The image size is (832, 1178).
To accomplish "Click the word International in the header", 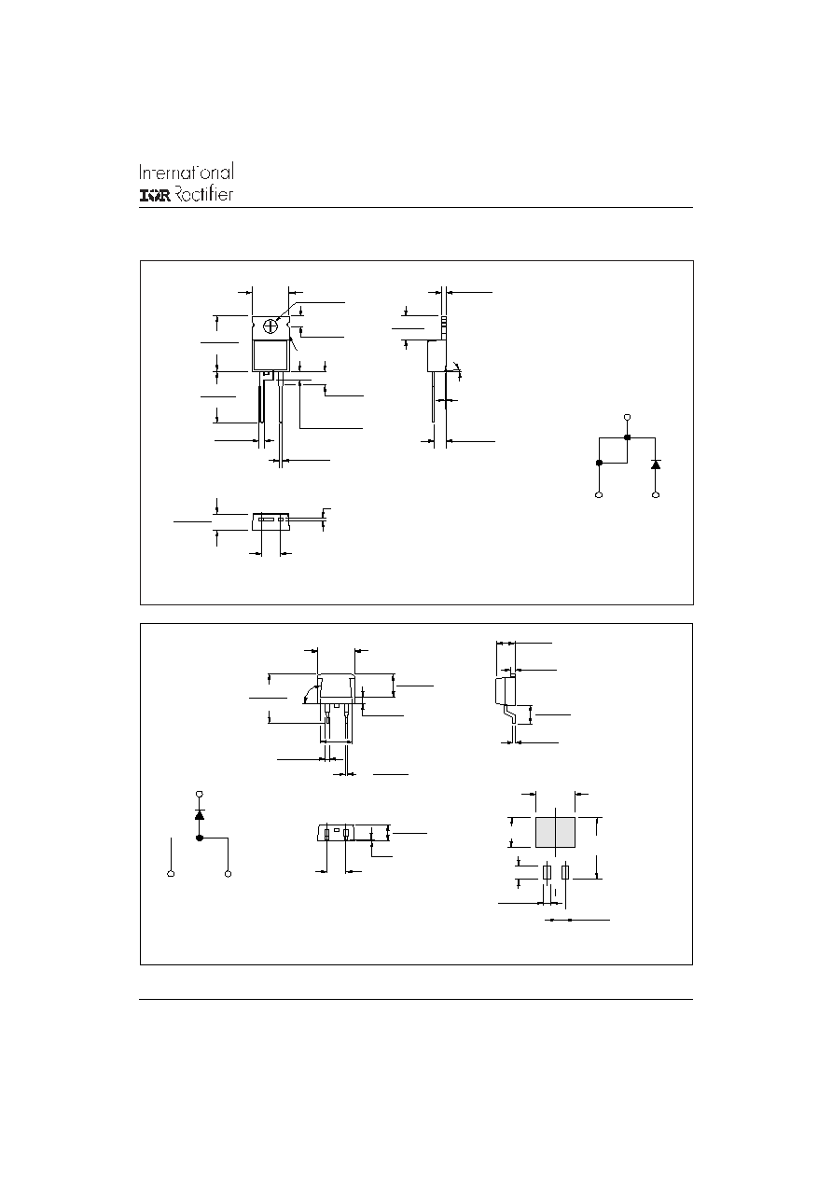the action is pyautogui.click(x=187, y=173).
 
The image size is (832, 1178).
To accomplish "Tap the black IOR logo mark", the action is pyautogui.click(x=155, y=196).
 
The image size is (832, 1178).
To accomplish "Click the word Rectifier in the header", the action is pyautogui.click(x=203, y=194).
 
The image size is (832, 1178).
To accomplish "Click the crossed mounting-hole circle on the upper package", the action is pyautogui.click(x=270, y=326).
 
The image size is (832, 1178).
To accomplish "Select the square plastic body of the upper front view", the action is pyautogui.click(x=270, y=355).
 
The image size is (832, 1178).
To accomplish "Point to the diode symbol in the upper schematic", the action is pyautogui.click(x=656, y=464).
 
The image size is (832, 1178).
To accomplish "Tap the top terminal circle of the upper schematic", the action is pyautogui.click(x=627, y=418).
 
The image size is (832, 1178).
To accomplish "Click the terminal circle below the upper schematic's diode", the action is pyautogui.click(x=656, y=495).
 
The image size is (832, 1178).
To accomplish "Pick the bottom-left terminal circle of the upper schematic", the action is pyautogui.click(x=599, y=495).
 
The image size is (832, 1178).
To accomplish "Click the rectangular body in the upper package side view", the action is pyautogui.click(x=437, y=355).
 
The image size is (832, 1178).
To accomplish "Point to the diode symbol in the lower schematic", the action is pyautogui.click(x=200, y=814).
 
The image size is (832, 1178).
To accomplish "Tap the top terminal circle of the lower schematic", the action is pyautogui.click(x=200, y=794).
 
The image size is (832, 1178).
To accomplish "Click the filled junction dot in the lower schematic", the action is pyautogui.click(x=200, y=838).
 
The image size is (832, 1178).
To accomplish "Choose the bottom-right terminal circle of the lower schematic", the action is pyautogui.click(x=228, y=874).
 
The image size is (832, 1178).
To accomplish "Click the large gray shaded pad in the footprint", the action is pyautogui.click(x=555, y=833).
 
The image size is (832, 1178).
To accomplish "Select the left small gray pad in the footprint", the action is pyautogui.click(x=547, y=872).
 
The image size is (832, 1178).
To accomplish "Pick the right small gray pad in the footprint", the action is pyautogui.click(x=565, y=872).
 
